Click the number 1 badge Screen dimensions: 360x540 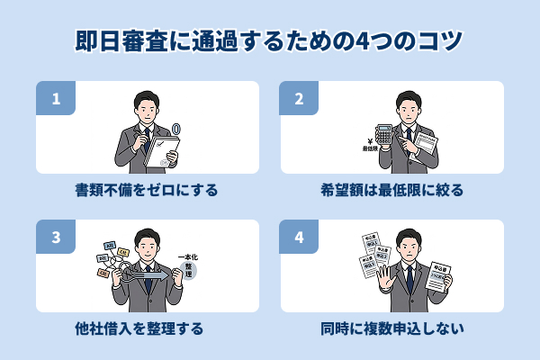click(x=55, y=99)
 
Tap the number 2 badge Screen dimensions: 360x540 click(x=300, y=99)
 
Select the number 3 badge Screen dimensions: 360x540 click(x=55, y=238)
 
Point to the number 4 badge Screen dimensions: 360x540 click(x=300, y=238)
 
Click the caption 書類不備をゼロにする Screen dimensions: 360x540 click(x=147, y=191)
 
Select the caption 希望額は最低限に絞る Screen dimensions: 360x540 click(x=391, y=191)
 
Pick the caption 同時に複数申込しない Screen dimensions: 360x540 click(x=391, y=328)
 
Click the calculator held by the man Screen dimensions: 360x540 click(x=384, y=135)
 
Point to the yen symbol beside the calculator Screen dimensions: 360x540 click(x=368, y=139)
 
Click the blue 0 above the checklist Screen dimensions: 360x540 click(x=175, y=131)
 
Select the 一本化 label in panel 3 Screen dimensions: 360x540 click(x=191, y=256)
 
